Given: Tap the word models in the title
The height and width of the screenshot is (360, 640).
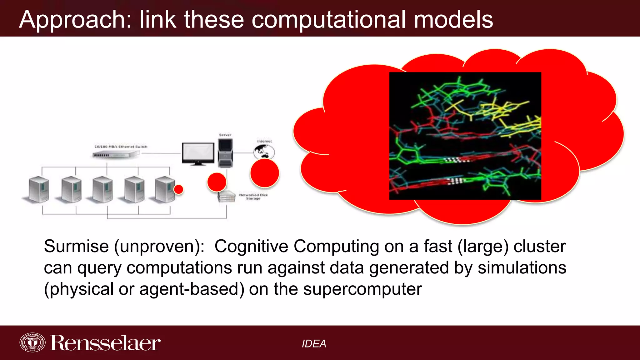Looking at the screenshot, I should (x=453, y=20).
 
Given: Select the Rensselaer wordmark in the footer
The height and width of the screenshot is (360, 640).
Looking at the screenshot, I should (x=105, y=343).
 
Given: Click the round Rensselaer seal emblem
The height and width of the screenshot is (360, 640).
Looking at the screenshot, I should (x=32, y=342).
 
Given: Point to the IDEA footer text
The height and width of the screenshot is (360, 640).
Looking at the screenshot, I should (x=314, y=344).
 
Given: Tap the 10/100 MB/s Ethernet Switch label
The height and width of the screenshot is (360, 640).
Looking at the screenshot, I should (x=121, y=147).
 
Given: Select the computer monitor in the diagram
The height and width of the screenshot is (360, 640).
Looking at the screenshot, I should (x=198, y=153).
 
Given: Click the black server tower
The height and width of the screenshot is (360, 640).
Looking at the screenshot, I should (x=225, y=153).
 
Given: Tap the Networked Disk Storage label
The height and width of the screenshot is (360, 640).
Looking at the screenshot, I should (x=253, y=197).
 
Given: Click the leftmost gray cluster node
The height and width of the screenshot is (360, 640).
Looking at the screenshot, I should (x=38, y=190).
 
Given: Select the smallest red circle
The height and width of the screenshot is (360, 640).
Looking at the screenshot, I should (x=178, y=189).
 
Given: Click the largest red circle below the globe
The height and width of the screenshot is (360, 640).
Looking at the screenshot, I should (x=264, y=173).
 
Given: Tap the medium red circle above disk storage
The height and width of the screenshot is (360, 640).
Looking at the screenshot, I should (x=217, y=182).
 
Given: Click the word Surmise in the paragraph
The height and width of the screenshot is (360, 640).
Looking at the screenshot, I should (x=76, y=246).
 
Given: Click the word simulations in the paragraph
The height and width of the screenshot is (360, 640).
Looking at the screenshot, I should (x=522, y=268).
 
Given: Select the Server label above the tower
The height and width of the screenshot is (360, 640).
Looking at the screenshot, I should (x=225, y=135).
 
